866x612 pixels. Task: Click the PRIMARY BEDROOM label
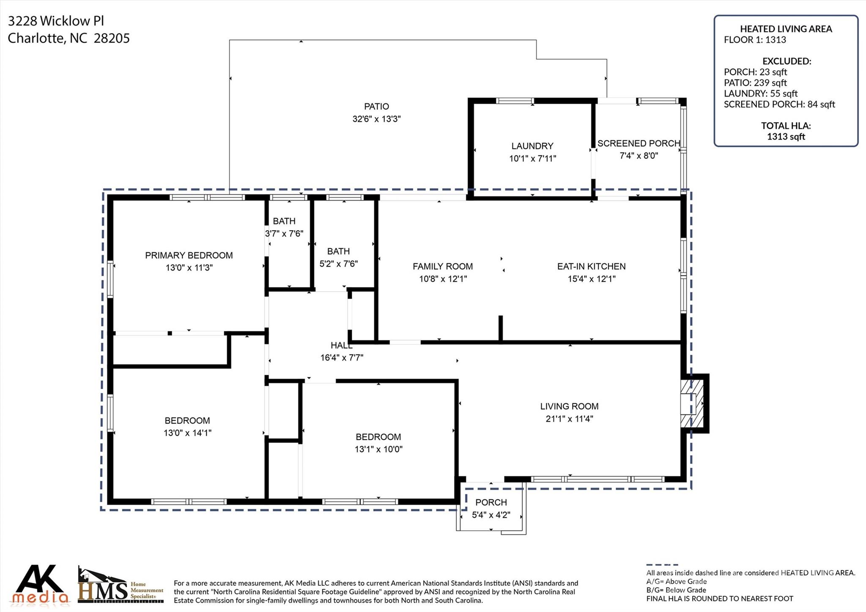click(x=189, y=255)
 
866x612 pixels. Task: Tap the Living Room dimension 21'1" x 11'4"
click(x=569, y=419)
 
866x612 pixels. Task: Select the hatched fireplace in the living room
click(x=692, y=403)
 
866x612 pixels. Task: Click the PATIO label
click(x=376, y=107)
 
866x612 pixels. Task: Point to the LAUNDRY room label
click(x=532, y=146)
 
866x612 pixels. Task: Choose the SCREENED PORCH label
click(x=639, y=143)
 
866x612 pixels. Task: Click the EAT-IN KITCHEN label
click(x=591, y=266)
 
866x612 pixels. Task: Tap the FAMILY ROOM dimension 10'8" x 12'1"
click(x=443, y=279)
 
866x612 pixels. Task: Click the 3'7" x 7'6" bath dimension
click(x=284, y=233)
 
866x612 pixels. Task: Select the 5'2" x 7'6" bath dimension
click(x=338, y=264)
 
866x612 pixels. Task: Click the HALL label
click(x=341, y=346)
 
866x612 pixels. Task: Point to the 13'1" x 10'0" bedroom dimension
click(x=378, y=449)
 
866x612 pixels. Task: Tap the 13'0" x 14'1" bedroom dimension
click(x=187, y=433)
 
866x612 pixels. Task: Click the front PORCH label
click(x=491, y=502)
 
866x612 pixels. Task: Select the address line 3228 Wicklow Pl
click(x=56, y=21)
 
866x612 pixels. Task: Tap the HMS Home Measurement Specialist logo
click(x=121, y=585)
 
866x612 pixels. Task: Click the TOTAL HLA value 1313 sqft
click(x=786, y=137)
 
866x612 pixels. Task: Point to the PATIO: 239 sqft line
click(x=755, y=83)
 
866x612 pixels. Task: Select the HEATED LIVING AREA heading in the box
click(x=786, y=29)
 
